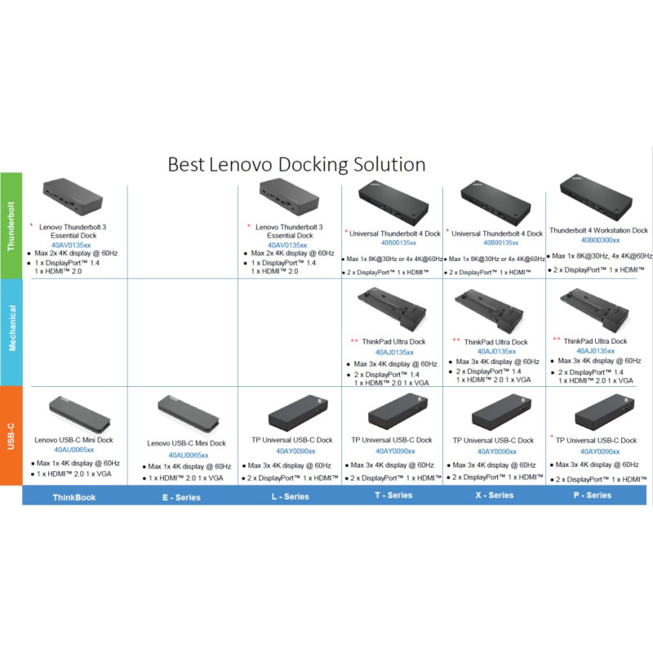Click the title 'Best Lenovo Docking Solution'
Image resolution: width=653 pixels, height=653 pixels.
pos(296,164)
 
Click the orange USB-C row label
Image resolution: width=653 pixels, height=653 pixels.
pos(11,435)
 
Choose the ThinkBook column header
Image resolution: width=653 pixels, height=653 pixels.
pos(74,495)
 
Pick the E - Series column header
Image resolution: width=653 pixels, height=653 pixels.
pos(181,495)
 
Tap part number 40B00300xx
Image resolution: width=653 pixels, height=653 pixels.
pos(600,241)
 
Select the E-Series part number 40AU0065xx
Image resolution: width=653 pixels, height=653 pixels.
pos(189,455)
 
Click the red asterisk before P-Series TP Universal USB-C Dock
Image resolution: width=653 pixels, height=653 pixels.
pos(553,438)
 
